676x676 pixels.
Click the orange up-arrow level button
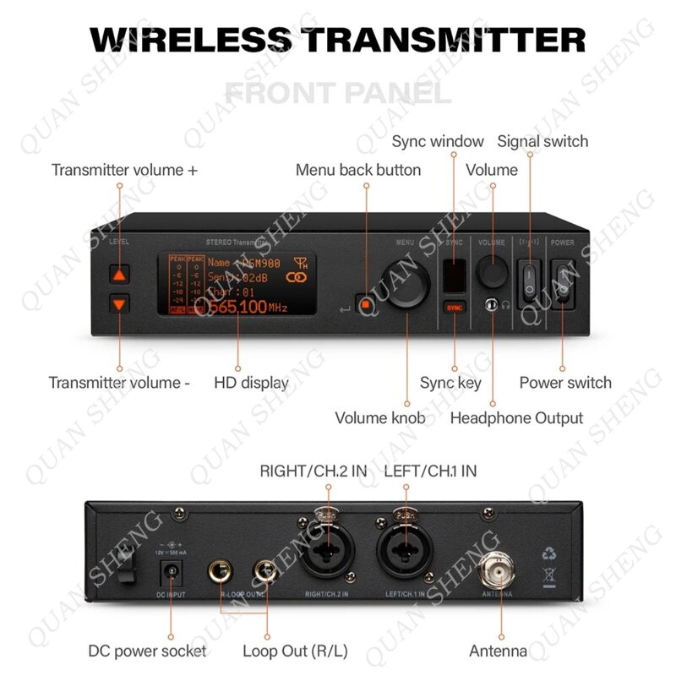(120, 275)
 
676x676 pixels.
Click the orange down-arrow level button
(120, 305)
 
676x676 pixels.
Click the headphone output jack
(489, 305)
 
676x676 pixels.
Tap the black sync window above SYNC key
(455, 271)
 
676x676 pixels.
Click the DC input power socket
(172, 572)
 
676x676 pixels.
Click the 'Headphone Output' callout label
(516, 417)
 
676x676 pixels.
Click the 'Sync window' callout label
(438, 141)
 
